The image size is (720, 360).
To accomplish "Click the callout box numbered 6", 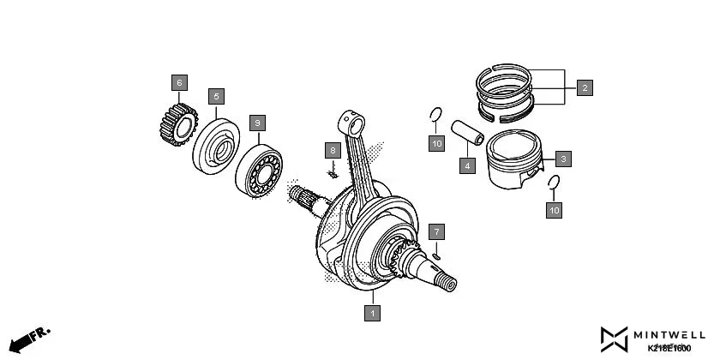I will pyautogui.click(x=178, y=83).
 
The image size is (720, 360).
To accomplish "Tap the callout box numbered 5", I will pyautogui.click(x=217, y=96).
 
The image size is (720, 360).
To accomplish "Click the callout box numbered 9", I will pyautogui.click(x=256, y=123).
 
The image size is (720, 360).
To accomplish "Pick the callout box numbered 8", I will pyautogui.click(x=332, y=150).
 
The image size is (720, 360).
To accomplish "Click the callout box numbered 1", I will pyautogui.click(x=372, y=314).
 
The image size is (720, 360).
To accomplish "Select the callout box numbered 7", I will pyautogui.click(x=436, y=231).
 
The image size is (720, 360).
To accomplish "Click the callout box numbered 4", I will pyautogui.click(x=467, y=165).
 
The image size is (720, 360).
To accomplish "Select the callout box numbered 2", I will pyautogui.click(x=585, y=87).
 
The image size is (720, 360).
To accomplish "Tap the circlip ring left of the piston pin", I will pyautogui.click(x=435, y=116).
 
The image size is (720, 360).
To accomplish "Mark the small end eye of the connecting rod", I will pyautogui.click(x=347, y=119).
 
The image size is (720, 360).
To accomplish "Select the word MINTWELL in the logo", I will pyautogui.click(x=669, y=333).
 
